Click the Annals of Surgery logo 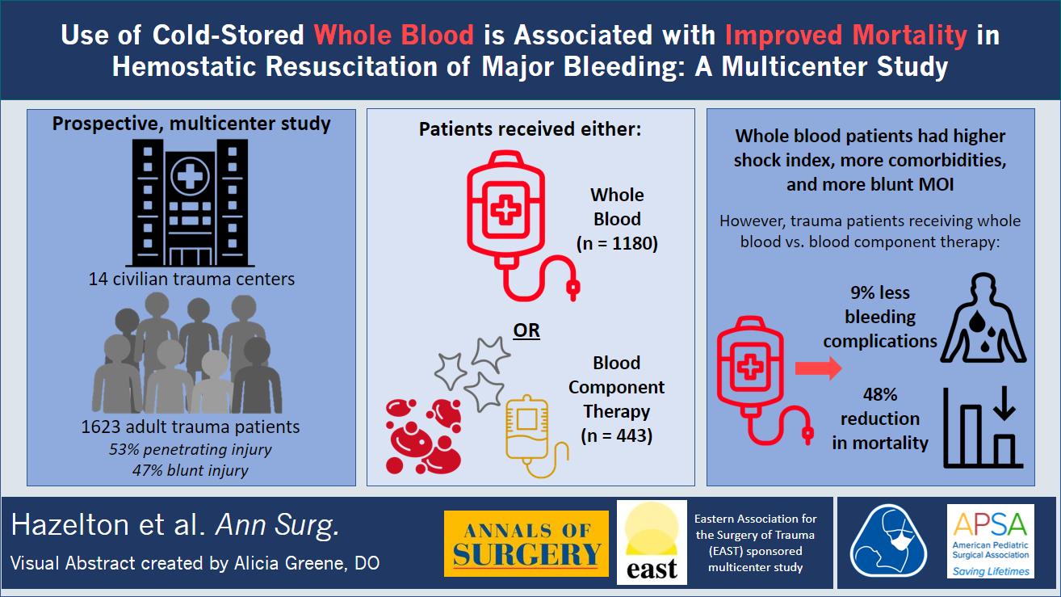tap(526, 544)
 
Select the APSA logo tap(991, 541)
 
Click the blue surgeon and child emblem tap(888, 540)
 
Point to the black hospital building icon tap(190, 203)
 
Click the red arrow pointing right tap(818, 368)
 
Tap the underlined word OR tap(526, 330)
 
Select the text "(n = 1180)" tap(617, 243)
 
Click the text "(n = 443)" tap(617, 435)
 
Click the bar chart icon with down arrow tap(983, 427)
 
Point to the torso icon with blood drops tap(983, 318)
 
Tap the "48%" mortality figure tap(880, 394)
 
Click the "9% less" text tap(880, 292)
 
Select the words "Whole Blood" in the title tap(393, 35)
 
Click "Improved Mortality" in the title tap(846, 35)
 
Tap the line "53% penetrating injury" tap(191, 449)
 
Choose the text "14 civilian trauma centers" tap(191, 279)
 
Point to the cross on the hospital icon tap(190, 176)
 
